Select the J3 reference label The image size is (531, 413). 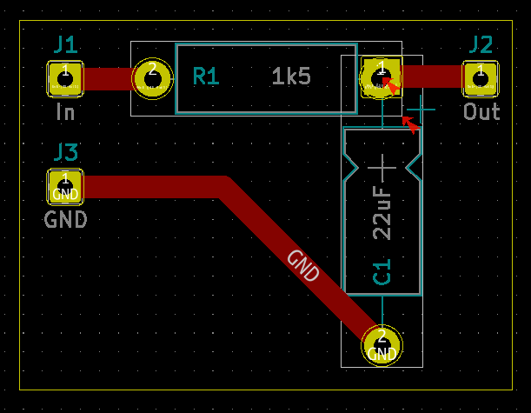pyautogui.click(x=65, y=152)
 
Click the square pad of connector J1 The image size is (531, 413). pyautogui.click(x=65, y=78)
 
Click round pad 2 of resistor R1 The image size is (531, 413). pyautogui.click(x=152, y=78)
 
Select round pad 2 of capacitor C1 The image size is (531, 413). pyautogui.click(x=382, y=345)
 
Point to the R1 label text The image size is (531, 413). pyautogui.click(x=206, y=77)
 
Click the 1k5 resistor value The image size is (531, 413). pyautogui.click(x=291, y=77)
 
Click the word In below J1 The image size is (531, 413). pyautogui.click(x=65, y=112)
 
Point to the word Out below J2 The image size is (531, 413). pyautogui.click(x=481, y=112)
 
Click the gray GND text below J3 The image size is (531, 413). pyautogui.click(x=66, y=219)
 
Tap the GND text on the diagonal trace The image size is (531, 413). pyautogui.click(x=303, y=266)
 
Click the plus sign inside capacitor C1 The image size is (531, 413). pyautogui.click(x=382, y=164)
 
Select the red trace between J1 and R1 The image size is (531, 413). pyautogui.click(x=108, y=78)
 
